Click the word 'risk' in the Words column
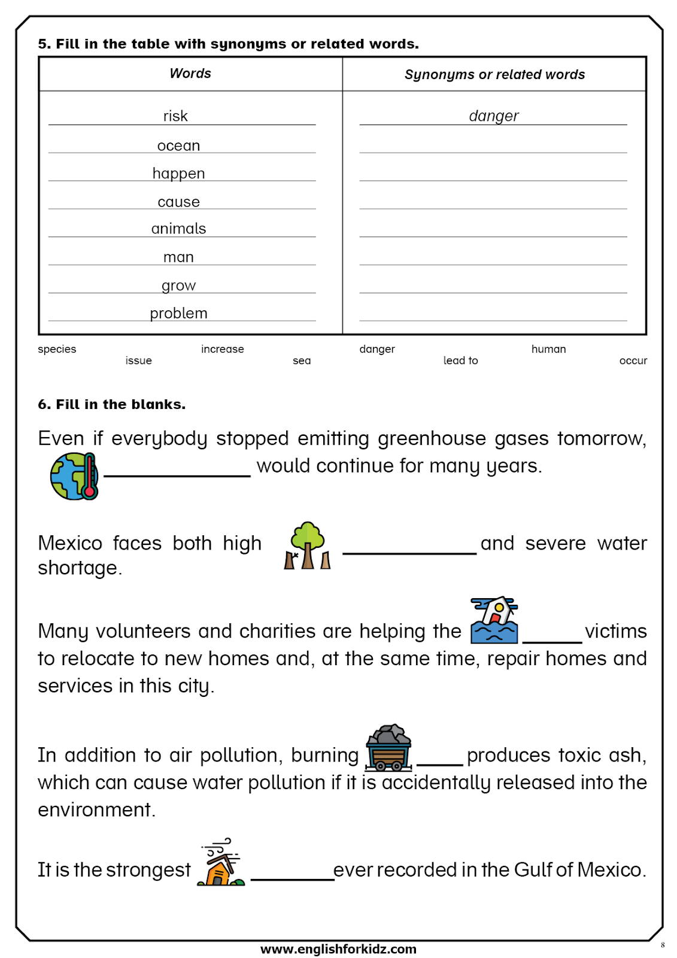click(x=175, y=116)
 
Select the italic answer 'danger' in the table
click(x=494, y=116)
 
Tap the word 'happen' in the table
click(x=178, y=174)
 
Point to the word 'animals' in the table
click(x=178, y=229)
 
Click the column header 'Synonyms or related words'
click(x=494, y=75)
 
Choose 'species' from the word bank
click(x=57, y=349)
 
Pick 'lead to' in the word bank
click(x=460, y=360)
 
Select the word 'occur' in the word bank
click(x=633, y=360)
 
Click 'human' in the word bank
click(x=548, y=349)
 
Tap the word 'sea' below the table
click(x=302, y=360)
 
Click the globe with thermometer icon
click(x=74, y=476)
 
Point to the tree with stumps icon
click(x=307, y=545)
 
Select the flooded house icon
click(x=494, y=620)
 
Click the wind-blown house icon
click(x=221, y=863)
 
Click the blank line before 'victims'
click(x=552, y=641)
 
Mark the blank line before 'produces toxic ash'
click(x=440, y=764)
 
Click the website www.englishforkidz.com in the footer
click(x=338, y=949)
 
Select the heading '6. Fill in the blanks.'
click(x=111, y=405)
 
